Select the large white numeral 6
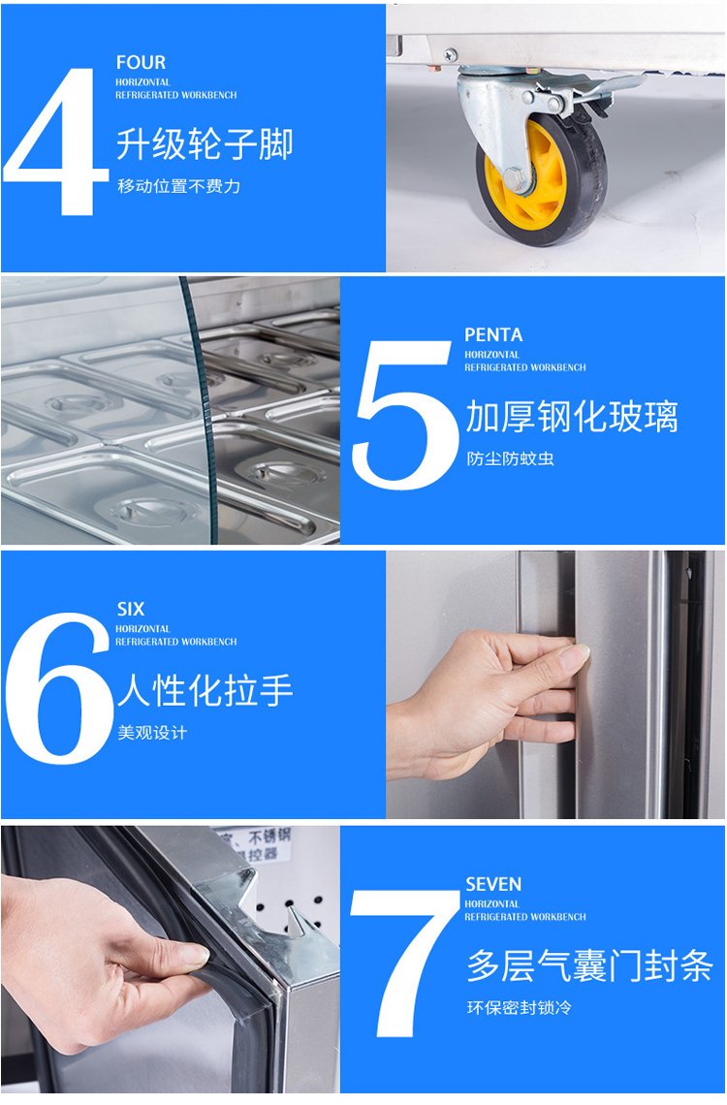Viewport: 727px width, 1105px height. coord(59,688)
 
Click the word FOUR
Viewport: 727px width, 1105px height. coord(141,62)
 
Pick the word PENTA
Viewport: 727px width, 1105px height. coord(493,334)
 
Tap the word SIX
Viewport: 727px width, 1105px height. coord(130,609)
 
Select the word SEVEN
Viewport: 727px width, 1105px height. coord(493,884)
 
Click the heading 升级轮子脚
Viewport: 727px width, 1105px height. coord(205,144)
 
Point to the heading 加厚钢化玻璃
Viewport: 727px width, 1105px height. coord(571,417)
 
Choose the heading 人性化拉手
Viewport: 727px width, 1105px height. coord(205,690)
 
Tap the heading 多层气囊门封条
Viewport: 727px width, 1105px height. coord(589,965)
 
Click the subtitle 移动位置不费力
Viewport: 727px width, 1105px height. coord(179,186)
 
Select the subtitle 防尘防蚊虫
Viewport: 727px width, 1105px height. coord(510,458)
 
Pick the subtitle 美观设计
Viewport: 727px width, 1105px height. coord(152,733)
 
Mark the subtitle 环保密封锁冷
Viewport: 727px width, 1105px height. coord(519,1008)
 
